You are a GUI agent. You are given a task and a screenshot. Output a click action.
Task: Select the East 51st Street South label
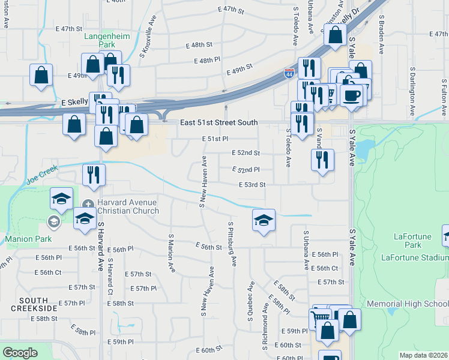coord(218,122)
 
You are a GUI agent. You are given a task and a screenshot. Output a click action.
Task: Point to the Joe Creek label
coord(42,175)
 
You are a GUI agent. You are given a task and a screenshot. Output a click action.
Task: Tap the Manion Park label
coord(24,238)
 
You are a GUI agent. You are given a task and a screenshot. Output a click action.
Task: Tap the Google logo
coord(20,353)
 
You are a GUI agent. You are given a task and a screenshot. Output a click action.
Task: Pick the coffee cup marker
coord(352,95)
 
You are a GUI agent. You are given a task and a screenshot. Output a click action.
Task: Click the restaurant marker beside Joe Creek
coord(94,174)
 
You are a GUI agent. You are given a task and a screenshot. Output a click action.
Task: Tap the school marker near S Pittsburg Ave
coord(264,220)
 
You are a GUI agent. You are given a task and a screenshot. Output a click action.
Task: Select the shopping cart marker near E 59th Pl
coord(320,318)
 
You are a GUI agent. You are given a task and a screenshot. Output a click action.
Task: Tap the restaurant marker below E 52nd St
coord(322,159)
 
